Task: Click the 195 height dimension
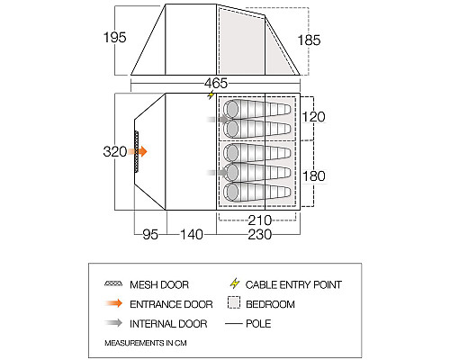click(115, 38)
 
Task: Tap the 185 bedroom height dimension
click(309, 40)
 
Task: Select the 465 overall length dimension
click(216, 83)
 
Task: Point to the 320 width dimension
click(115, 151)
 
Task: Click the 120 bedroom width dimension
click(313, 117)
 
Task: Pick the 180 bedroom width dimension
click(314, 176)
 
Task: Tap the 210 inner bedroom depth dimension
click(260, 220)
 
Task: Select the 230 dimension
click(260, 234)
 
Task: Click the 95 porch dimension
click(150, 234)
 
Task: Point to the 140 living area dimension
click(192, 234)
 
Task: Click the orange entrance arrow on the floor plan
click(138, 151)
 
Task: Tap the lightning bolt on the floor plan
click(211, 95)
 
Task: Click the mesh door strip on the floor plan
click(137, 151)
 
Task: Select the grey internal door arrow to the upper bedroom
click(218, 120)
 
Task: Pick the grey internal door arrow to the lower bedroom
click(218, 173)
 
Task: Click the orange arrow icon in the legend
click(114, 303)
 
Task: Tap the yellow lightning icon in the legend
click(235, 283)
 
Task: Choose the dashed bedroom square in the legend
click(234, 302)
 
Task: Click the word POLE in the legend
click(258, 324)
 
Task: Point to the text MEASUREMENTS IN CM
click(146, 343)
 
